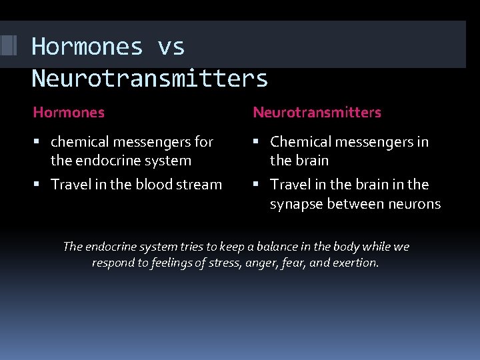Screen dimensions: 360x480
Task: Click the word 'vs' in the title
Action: pos(171,47)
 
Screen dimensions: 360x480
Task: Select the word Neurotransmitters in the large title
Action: pos(149,79)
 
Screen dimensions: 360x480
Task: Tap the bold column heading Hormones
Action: pos(69,113)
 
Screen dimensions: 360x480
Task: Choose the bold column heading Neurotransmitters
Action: pos(317,113)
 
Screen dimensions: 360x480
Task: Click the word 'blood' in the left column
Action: pos(154,185)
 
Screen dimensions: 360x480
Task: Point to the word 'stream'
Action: pos(199,185)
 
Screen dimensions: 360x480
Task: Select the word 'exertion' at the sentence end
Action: pos(356,263)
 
